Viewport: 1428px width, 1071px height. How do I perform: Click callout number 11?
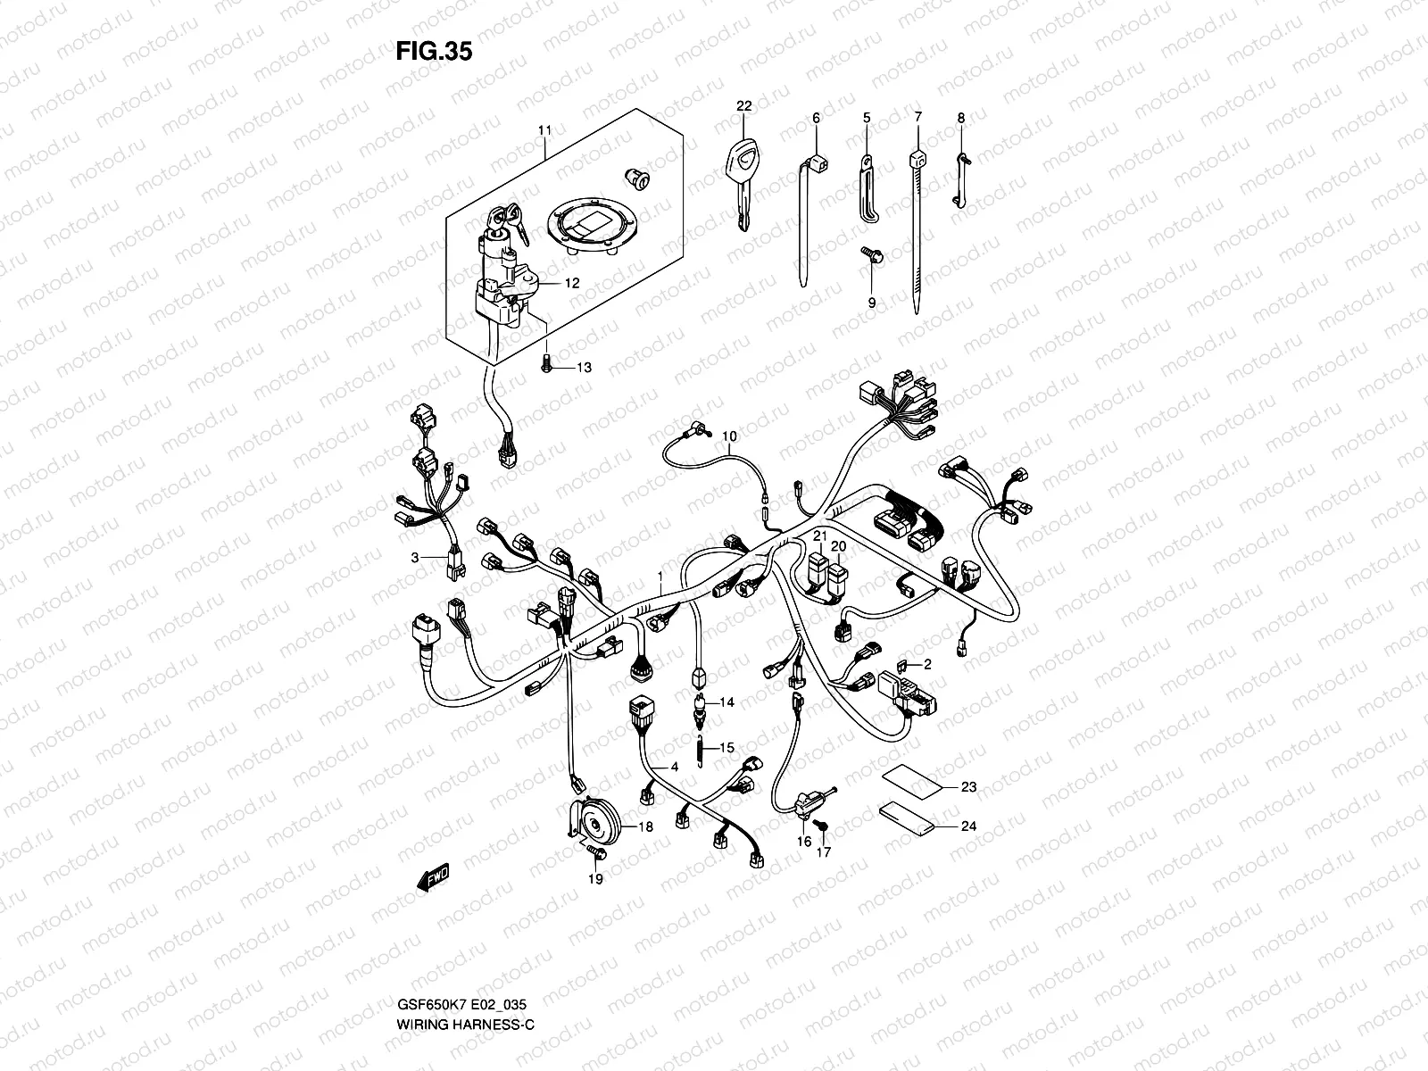pos(545,130)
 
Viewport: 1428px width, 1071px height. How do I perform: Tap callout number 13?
pos(585,368)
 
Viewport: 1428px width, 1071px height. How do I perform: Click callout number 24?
pos(968,826)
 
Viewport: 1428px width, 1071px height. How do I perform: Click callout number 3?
pos(414,558)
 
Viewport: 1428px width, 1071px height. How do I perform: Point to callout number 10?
pos(729,436)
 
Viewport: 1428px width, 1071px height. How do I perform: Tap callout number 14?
pos(727,702)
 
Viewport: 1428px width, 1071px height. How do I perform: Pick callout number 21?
pos(818,534)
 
